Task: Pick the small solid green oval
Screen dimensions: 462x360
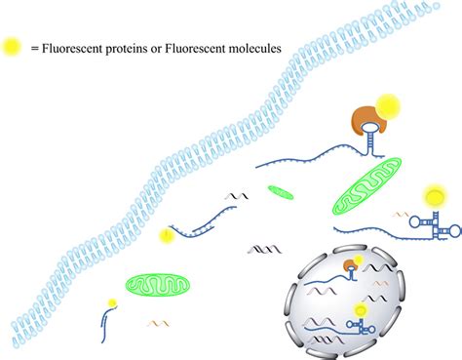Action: [x=281, y=191]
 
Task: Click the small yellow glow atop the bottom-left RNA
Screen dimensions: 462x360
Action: [x=112, y=302]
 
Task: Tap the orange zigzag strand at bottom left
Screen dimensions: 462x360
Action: [x=159, y=322]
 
